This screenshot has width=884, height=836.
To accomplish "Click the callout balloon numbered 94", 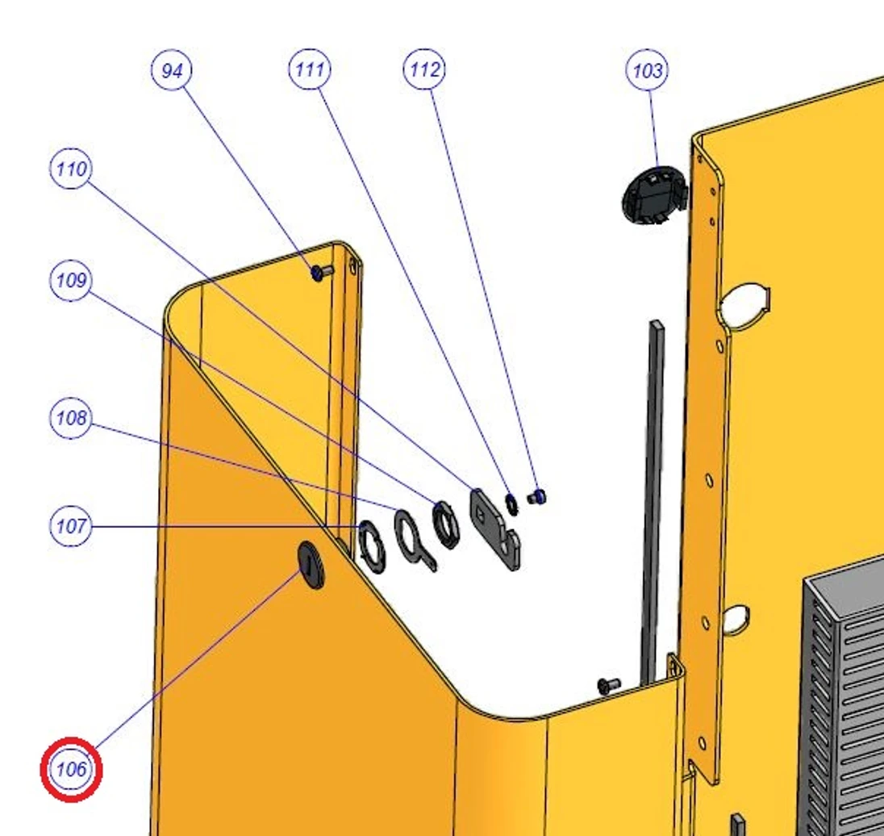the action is coord(171,70).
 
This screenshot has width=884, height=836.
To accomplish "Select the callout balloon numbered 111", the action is coord(310,69).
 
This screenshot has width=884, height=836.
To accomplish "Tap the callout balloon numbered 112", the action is coord(424,69).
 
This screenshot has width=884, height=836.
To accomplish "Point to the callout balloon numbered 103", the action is coord(647,70).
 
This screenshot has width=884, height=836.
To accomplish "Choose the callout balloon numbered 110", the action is coord(70,168).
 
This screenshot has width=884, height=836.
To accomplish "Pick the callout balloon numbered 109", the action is coord(70,280).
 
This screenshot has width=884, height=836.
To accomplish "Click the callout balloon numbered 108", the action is coord(70,418).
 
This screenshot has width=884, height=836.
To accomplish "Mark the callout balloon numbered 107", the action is coord(70,526).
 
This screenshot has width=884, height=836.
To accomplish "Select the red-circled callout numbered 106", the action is coord(71,769).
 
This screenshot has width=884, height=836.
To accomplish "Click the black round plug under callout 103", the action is coord(655,194).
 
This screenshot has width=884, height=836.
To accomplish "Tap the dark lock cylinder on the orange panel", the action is coord(311,565).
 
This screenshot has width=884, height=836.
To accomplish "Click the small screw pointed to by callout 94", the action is coord(321,273).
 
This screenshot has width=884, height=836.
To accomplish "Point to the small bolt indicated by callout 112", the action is coord(536,497).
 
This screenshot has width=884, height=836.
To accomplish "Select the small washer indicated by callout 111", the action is coord(511,504).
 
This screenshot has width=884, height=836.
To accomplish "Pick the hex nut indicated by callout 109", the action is coord(445,525).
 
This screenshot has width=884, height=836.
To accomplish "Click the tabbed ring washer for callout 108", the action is coord(415,540).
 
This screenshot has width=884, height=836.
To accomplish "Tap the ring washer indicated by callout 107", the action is coord(372,546).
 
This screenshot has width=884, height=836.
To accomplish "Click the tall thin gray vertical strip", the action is coord(653,502).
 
